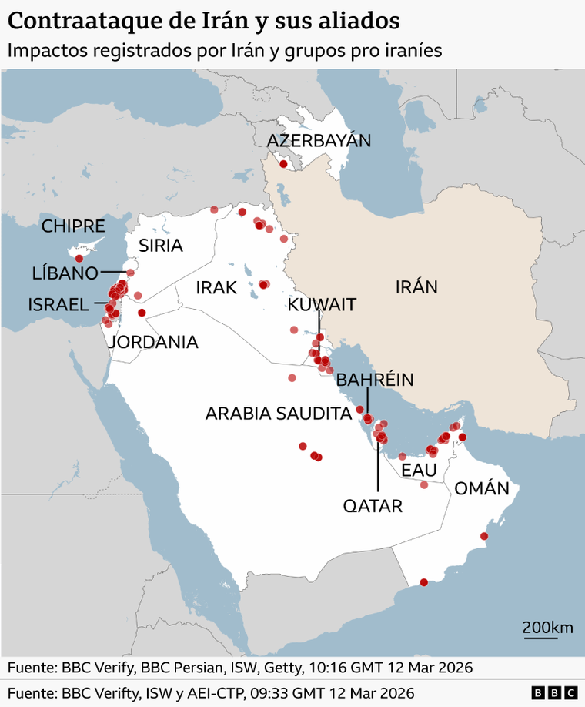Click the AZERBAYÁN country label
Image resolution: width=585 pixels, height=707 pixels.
319,140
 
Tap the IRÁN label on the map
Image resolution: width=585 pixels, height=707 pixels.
416,287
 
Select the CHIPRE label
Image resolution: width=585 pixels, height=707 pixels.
73,226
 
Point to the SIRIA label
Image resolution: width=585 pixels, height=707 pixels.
161,246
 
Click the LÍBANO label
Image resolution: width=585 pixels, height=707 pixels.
65,273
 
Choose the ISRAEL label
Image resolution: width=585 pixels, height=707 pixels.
58,304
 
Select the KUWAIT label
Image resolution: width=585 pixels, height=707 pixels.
322,304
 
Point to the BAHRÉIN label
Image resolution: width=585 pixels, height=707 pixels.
375,379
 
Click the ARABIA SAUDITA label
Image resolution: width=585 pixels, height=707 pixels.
278,414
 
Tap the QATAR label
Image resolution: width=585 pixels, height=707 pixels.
373,506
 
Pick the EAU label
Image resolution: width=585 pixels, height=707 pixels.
420,470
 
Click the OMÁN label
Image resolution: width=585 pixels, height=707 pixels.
482,488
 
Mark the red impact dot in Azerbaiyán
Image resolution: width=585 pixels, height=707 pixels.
283,163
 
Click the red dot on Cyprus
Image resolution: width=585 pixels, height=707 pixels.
79,258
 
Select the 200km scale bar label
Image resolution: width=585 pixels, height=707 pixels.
547,627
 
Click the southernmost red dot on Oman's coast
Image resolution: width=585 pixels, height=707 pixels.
423,582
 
